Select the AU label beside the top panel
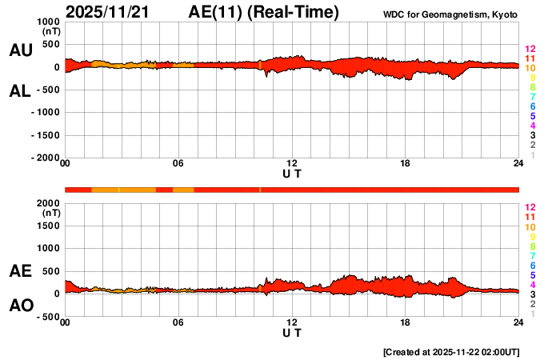(20, 50)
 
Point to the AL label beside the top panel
(20, 91)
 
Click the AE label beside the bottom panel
(20, 271)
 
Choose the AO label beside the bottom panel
(20, 306)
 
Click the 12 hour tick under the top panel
(292, 164)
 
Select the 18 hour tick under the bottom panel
(406, 323)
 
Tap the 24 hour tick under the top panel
(518, 164)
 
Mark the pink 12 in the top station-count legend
(530, 50)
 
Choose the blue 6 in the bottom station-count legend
(530, 265)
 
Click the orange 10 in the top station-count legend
(530, 69)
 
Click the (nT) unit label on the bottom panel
(50, 214)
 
